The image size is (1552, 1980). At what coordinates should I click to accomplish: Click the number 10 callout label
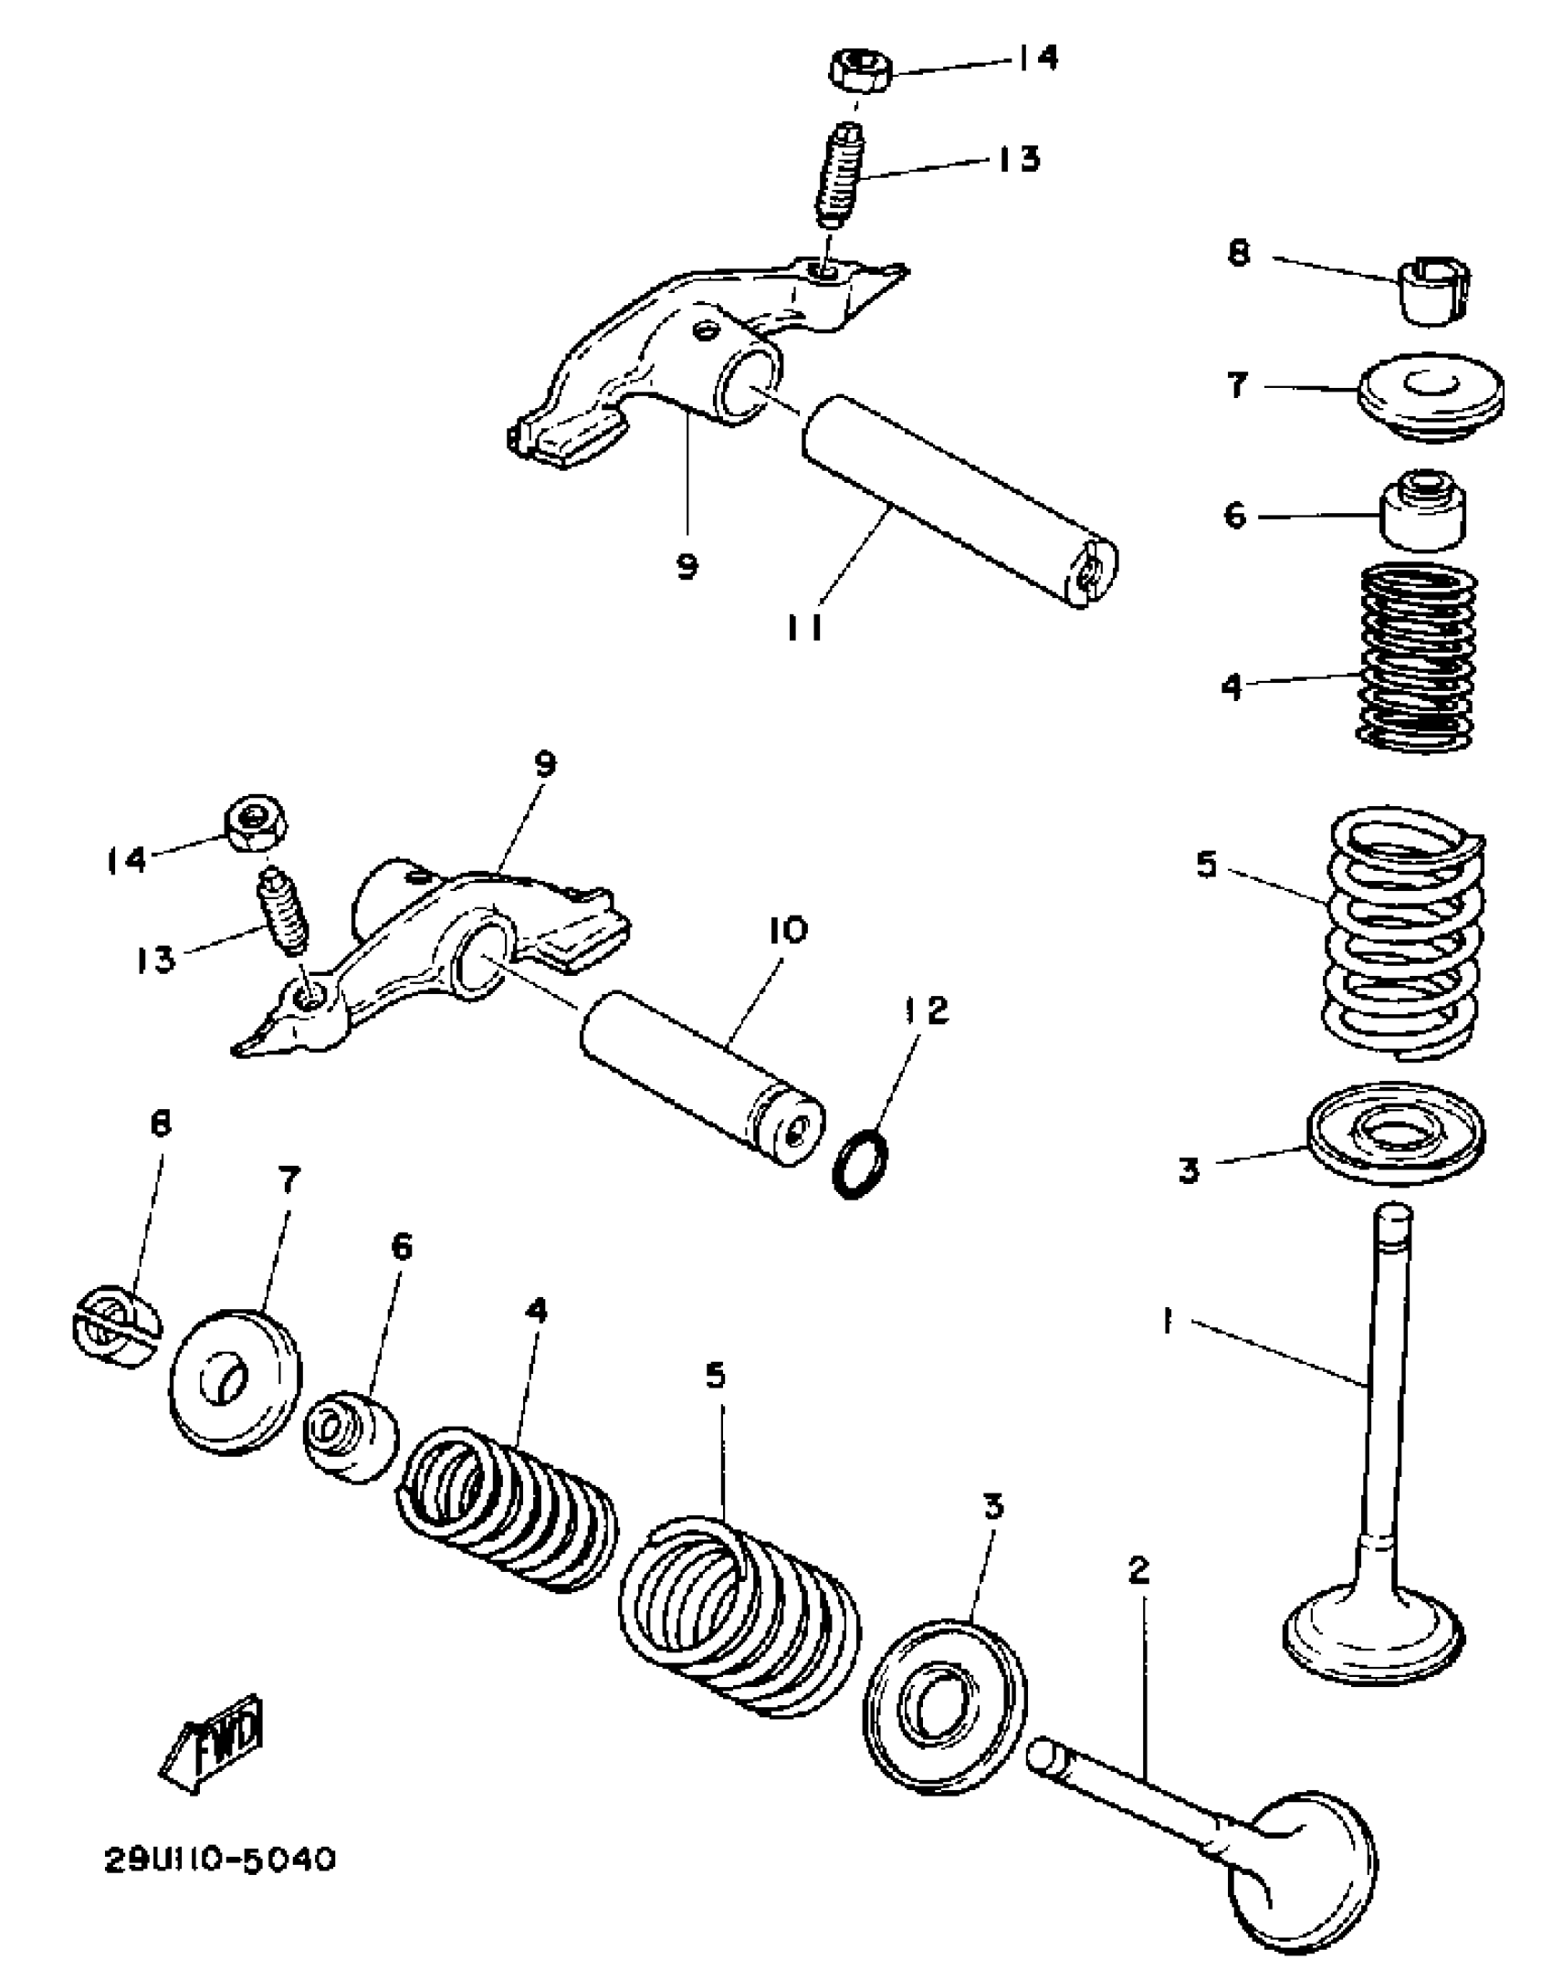click(x=788, y=930)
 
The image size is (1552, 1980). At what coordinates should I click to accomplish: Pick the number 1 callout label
click(x=1167, y=1321)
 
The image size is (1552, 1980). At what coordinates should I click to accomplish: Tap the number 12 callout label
click(x=927, y=1010)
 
